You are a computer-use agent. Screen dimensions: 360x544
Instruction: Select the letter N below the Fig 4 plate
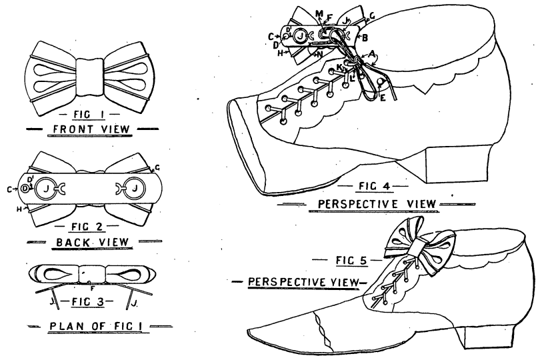pos(321,53)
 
